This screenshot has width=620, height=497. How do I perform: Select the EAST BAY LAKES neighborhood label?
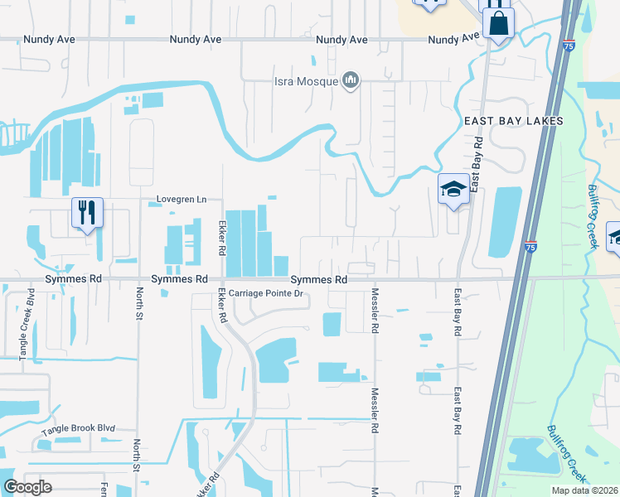tap(513, 121)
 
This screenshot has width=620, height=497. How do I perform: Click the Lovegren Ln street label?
tap(182, 200)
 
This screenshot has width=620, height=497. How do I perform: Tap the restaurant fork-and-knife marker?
tap(86, 213)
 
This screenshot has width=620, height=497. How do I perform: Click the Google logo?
tap(28, 486)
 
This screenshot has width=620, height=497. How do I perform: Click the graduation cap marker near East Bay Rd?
tap(453, 190)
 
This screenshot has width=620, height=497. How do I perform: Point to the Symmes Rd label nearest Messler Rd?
tap(318, 280)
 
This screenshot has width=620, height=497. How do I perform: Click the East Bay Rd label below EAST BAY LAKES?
tap(477, 166)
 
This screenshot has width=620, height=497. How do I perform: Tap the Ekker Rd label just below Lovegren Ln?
tap(221, 237)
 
